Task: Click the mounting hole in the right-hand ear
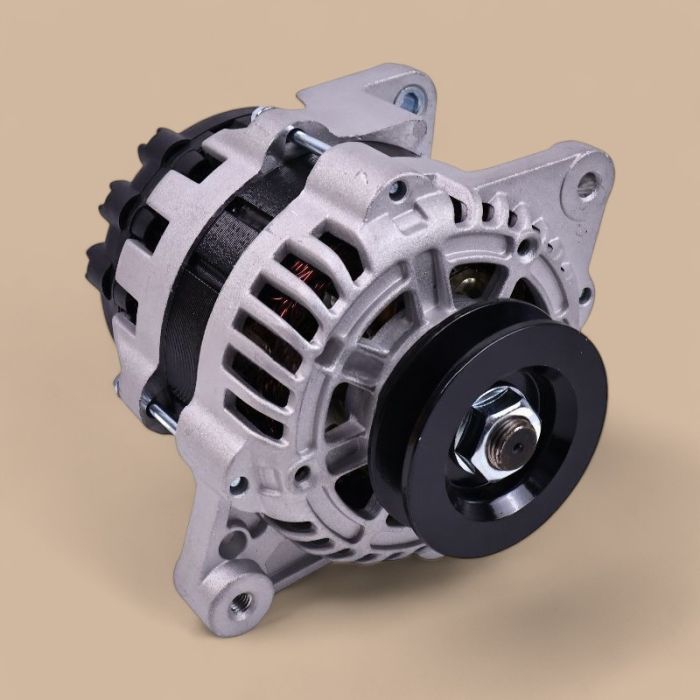[588, 182]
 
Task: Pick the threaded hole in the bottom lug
[241, 602]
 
